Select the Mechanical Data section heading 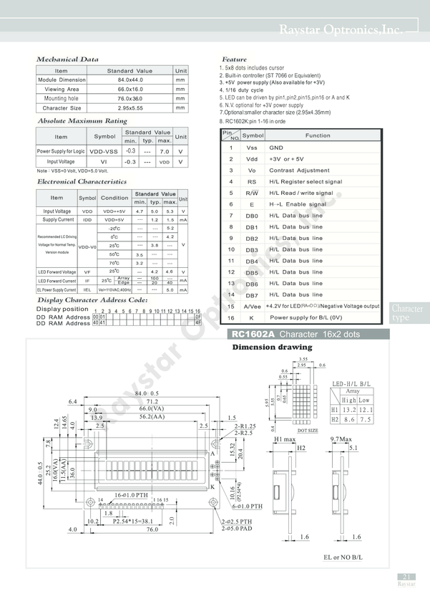[67, 59]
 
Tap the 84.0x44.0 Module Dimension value [130, 80]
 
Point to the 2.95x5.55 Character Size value [130, 108]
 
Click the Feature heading [234, 59]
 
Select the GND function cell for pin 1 [276, 147]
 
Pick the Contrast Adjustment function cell [299, 171]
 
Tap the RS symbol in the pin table [252, 182]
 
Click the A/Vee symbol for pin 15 [253, 306]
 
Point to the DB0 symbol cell [252, 216]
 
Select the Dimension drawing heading [272, 347]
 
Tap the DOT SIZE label [308, 431]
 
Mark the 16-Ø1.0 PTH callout [132, 495]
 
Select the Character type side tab [407, 313]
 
